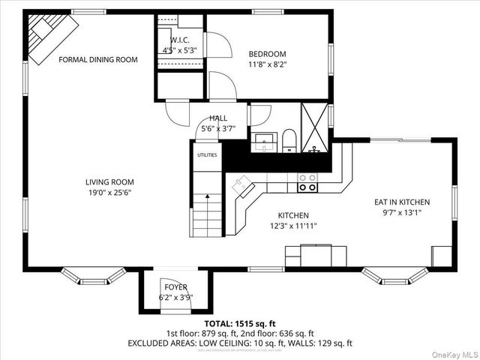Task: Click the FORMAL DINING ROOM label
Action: point(98,59)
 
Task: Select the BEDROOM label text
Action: point(268,54)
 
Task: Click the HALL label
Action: point(218,118)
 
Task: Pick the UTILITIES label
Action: point(207,155)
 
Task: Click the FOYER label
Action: point(176,287)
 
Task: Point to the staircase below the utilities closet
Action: point(208,214)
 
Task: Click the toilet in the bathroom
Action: point(289,140)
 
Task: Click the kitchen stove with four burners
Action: point(307,183)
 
